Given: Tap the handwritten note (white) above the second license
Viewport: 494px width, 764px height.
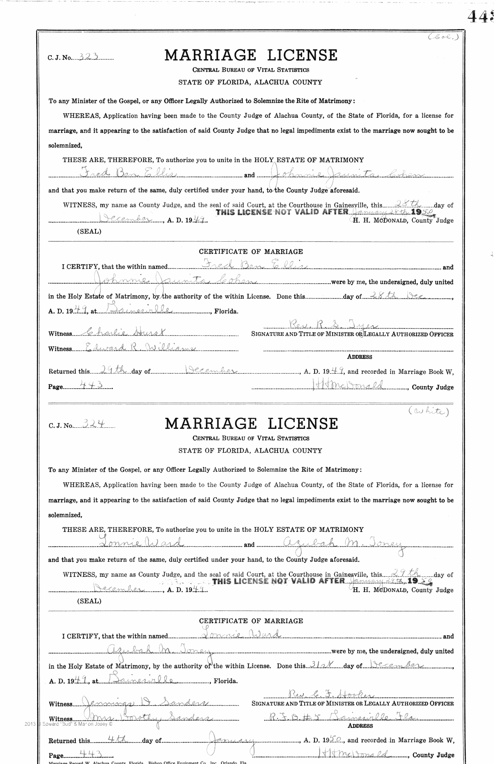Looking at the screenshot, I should (428, 411).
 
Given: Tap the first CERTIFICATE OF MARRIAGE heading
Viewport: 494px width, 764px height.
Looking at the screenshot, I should (251, 252).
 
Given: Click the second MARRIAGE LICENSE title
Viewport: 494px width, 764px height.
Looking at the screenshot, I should (251, 424).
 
